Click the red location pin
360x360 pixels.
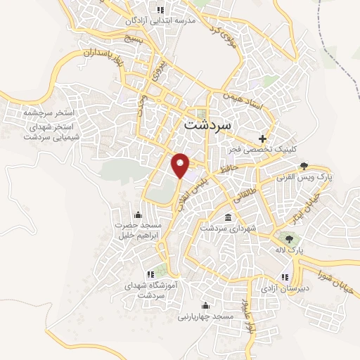(x=181, y=165)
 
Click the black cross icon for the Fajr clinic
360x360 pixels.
(x=263, y=139)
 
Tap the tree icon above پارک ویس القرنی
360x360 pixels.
(x=304, y=167)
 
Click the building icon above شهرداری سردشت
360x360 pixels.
(x=227, y=217)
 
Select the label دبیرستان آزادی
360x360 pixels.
(x=284, y=288)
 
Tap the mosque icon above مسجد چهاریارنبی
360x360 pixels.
(x=205, y=306)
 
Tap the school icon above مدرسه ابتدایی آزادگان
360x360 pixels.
(x=160, y=10)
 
